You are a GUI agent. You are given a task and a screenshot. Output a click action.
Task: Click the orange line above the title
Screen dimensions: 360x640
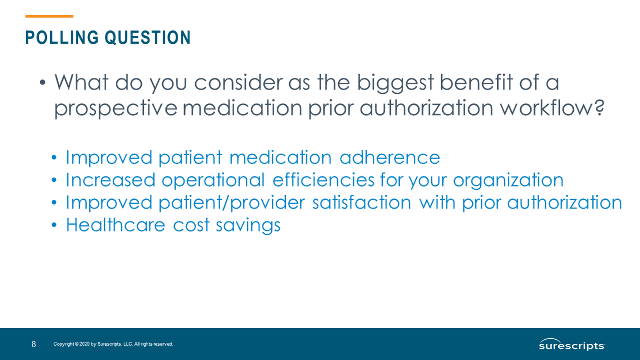(x=49, y=17)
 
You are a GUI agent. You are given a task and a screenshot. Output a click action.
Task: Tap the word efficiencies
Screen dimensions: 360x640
(x=323, y=180)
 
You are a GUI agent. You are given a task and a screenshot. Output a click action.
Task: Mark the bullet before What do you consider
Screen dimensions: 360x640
(x=42, y=83)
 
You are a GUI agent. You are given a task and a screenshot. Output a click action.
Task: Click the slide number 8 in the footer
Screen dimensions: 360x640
(x=34, y=345)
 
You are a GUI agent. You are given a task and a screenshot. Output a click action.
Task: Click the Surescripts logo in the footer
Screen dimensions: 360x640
(x=572, y=345)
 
